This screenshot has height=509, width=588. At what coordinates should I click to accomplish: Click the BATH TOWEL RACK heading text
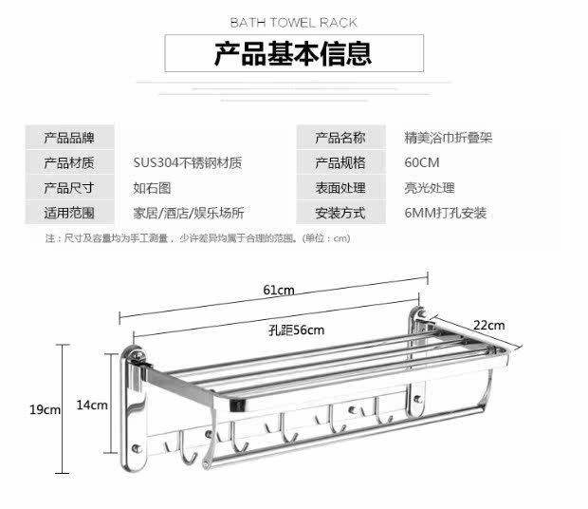click(x=293, y=22)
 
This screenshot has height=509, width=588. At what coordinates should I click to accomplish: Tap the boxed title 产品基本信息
click(x=293, y=52)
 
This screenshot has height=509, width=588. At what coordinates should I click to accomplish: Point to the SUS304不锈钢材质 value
click(x=188, y=162)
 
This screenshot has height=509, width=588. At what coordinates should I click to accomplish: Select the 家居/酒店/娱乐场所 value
click(x=189, y=213)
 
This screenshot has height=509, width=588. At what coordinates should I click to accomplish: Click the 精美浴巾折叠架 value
click(x=448, y=138)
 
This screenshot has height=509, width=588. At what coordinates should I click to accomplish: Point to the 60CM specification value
click(x=421, y=162)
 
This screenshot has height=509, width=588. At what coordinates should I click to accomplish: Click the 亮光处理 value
click(x=430, y=188)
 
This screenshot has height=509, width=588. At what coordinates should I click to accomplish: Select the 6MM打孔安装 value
click(x=446, y=213)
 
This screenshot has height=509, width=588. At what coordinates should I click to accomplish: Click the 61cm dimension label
click(x=279, y=290)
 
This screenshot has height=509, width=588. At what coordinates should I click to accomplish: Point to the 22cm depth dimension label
click(x=489, y=326)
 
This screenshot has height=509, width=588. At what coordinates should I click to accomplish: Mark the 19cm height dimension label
click(x=45, y=409)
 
